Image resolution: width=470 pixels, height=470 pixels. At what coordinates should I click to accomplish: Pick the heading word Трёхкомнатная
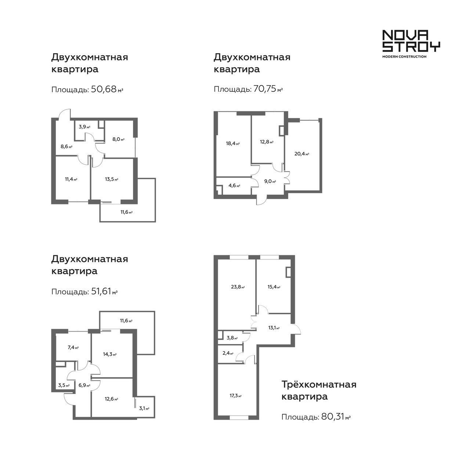point(319,385)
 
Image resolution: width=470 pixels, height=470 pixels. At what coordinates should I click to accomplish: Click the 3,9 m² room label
point(84,127)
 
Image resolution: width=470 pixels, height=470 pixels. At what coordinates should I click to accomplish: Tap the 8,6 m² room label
point(66,147)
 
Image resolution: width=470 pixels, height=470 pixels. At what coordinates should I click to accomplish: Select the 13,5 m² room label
point(112,179)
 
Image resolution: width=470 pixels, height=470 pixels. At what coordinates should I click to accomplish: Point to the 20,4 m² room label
point(302,154)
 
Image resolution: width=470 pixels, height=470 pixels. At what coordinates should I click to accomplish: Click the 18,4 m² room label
point(233,144)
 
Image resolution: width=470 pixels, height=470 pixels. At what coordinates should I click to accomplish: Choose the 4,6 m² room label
point(234,185)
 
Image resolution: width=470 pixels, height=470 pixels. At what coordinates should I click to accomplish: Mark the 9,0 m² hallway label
point(270,181)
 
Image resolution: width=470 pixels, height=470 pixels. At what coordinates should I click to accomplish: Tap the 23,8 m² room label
point(238,287)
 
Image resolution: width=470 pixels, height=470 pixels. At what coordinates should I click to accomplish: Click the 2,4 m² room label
point(228,353)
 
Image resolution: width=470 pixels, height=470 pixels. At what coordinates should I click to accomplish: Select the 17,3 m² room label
point(235,395)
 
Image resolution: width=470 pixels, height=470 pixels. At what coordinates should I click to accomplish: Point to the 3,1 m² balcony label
point(144,408)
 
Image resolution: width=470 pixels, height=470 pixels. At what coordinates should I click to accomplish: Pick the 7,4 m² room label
point(73,348)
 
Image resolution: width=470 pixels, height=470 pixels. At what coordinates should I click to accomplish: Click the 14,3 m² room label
point(109,354)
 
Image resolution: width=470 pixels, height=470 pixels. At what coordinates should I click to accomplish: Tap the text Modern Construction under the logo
point(404,57)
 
